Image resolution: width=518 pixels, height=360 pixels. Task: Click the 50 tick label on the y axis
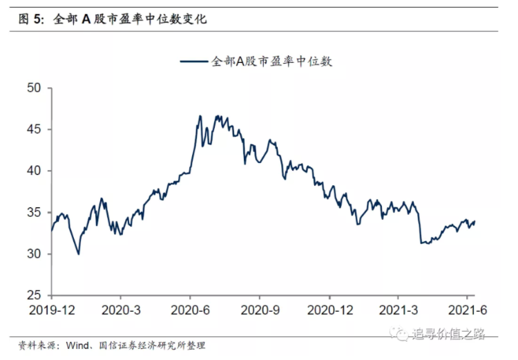tap(35, 88)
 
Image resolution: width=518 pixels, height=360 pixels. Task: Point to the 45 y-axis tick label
tap(35, 129)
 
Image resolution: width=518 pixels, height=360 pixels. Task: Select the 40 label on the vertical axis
tap(35, 171)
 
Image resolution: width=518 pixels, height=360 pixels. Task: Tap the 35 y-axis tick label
tap(35, 212)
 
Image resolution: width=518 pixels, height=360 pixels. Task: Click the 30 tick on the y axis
tap(35, 254)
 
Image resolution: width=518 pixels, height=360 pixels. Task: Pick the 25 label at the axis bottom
tap(35, 295)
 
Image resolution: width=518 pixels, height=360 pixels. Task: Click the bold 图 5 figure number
tap(31, 19)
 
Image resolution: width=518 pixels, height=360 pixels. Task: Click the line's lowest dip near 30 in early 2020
tap(78, 254)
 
